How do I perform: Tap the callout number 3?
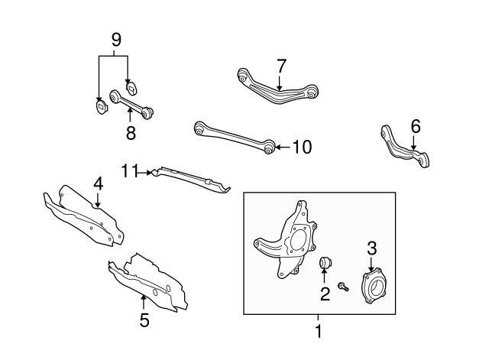[372, 247]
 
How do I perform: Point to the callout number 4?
[98, 183]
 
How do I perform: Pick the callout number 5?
[144, 320]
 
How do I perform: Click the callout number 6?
[415, 125]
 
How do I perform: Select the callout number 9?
[116, 39]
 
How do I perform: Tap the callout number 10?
[302, 148]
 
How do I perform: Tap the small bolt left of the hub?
[345, 288]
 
